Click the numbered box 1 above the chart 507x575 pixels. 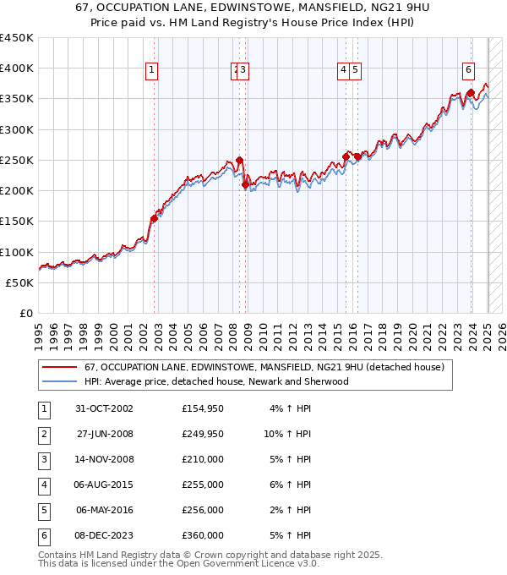coord(151,71)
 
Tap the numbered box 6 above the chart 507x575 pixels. coord(468,71)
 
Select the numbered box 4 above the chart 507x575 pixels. coord(345,71)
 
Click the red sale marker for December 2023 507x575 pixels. coord(470,94)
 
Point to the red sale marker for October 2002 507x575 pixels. coord(154,218)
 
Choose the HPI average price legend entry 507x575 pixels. coord(215,381)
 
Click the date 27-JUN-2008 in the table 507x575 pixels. coord(106,435)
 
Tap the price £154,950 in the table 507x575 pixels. coord(203,409)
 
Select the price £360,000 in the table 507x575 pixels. coord(203,535)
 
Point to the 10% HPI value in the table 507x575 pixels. coord(287,435)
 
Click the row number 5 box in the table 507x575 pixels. coord(42,510)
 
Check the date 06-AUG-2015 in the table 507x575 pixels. coord(106,485)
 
